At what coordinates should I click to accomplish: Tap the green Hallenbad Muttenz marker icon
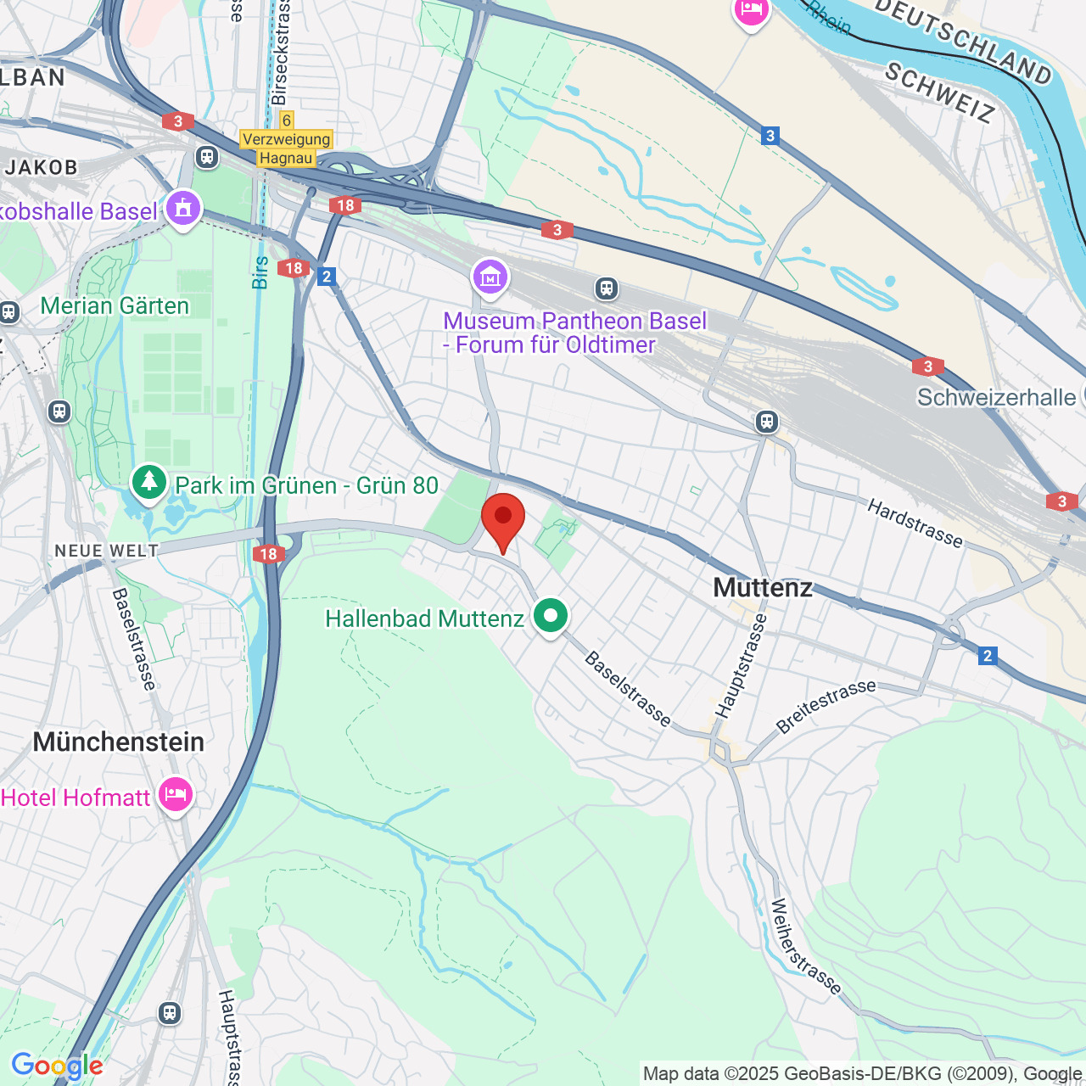[551, 615]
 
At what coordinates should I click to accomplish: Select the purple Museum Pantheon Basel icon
[490, 277]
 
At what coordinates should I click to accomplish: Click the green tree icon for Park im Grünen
[149, 482]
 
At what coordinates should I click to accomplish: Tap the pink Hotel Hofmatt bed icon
[176, 795]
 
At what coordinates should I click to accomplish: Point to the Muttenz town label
[763, 587]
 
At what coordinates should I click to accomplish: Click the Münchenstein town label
[119, 742]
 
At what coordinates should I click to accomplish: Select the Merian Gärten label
[115, 305]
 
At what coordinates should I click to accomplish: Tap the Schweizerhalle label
[996, 397]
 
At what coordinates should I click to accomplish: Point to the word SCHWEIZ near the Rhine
[939, 93]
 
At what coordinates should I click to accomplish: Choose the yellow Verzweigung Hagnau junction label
[286, 148]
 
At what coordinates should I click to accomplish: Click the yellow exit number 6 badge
[287, 120]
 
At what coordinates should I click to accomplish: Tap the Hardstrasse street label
[915, 523]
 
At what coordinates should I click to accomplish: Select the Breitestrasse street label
[826, 706]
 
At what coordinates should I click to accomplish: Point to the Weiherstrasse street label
[805, 946]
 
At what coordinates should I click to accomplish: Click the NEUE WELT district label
[107, 551]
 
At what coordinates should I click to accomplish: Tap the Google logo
[57, 1066]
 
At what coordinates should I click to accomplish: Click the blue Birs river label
[260, 272]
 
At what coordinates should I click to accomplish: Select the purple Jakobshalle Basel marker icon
[183, 208]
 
